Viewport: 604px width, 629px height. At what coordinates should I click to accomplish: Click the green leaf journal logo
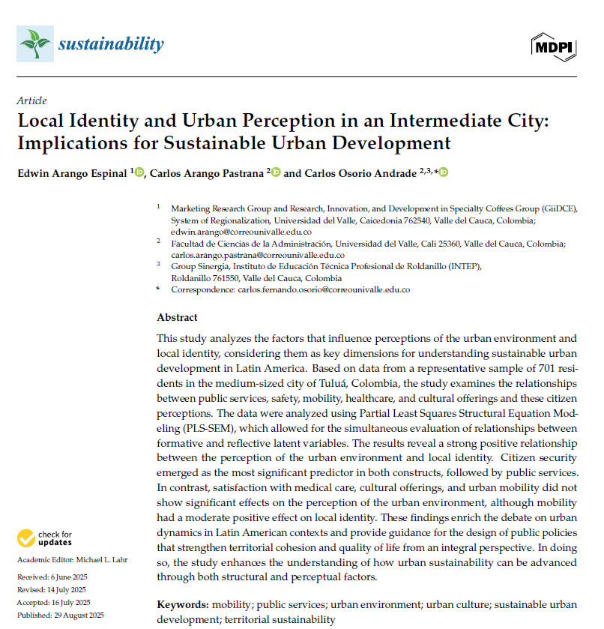coord(35,44)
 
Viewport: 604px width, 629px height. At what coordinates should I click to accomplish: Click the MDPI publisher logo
coord(554,46)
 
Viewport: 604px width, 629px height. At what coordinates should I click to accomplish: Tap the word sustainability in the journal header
coord(110,44)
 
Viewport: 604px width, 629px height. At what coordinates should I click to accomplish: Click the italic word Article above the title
coord(31,100)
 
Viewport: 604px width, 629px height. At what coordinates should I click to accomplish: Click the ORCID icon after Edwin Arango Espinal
coord(139,172)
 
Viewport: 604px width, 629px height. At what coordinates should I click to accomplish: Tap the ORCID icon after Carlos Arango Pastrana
coord(275,172)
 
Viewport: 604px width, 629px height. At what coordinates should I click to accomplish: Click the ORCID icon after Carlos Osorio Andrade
coord(443,172)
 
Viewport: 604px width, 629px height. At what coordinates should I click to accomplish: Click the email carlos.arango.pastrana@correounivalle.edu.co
coord(247,255)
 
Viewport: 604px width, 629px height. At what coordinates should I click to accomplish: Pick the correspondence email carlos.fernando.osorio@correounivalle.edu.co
coord(324,289)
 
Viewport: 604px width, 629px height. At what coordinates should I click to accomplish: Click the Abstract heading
coord(177,317)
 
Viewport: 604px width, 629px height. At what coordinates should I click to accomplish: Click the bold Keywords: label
coord(183,604)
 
